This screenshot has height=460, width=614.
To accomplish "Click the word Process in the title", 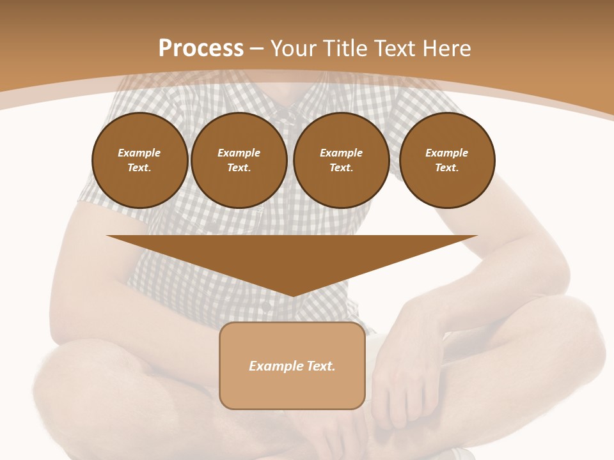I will click(x=201, y=49).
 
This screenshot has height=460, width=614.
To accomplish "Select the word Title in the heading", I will click(x=344, y=49).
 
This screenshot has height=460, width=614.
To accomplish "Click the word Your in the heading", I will click(x=294, y=49).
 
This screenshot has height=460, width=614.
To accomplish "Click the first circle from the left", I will click(x=140, y=160).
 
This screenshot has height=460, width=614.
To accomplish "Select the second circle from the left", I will click(x=239, y=160).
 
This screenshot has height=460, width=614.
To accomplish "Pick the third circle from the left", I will click(x=342, y=160).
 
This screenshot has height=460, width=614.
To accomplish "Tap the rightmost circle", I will click(x=447, y=160).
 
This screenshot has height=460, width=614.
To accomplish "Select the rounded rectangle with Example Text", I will click(x=292, y=365).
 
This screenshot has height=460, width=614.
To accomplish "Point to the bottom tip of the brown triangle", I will click(x=292, y=295).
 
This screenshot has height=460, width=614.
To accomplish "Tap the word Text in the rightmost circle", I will click(x=446, y=168).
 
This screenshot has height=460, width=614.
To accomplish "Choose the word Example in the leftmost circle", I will click(x=139, y=153).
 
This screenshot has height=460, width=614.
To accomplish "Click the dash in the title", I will click(x=257, y=49).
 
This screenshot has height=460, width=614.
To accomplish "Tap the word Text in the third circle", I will click(x=340, y=168).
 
